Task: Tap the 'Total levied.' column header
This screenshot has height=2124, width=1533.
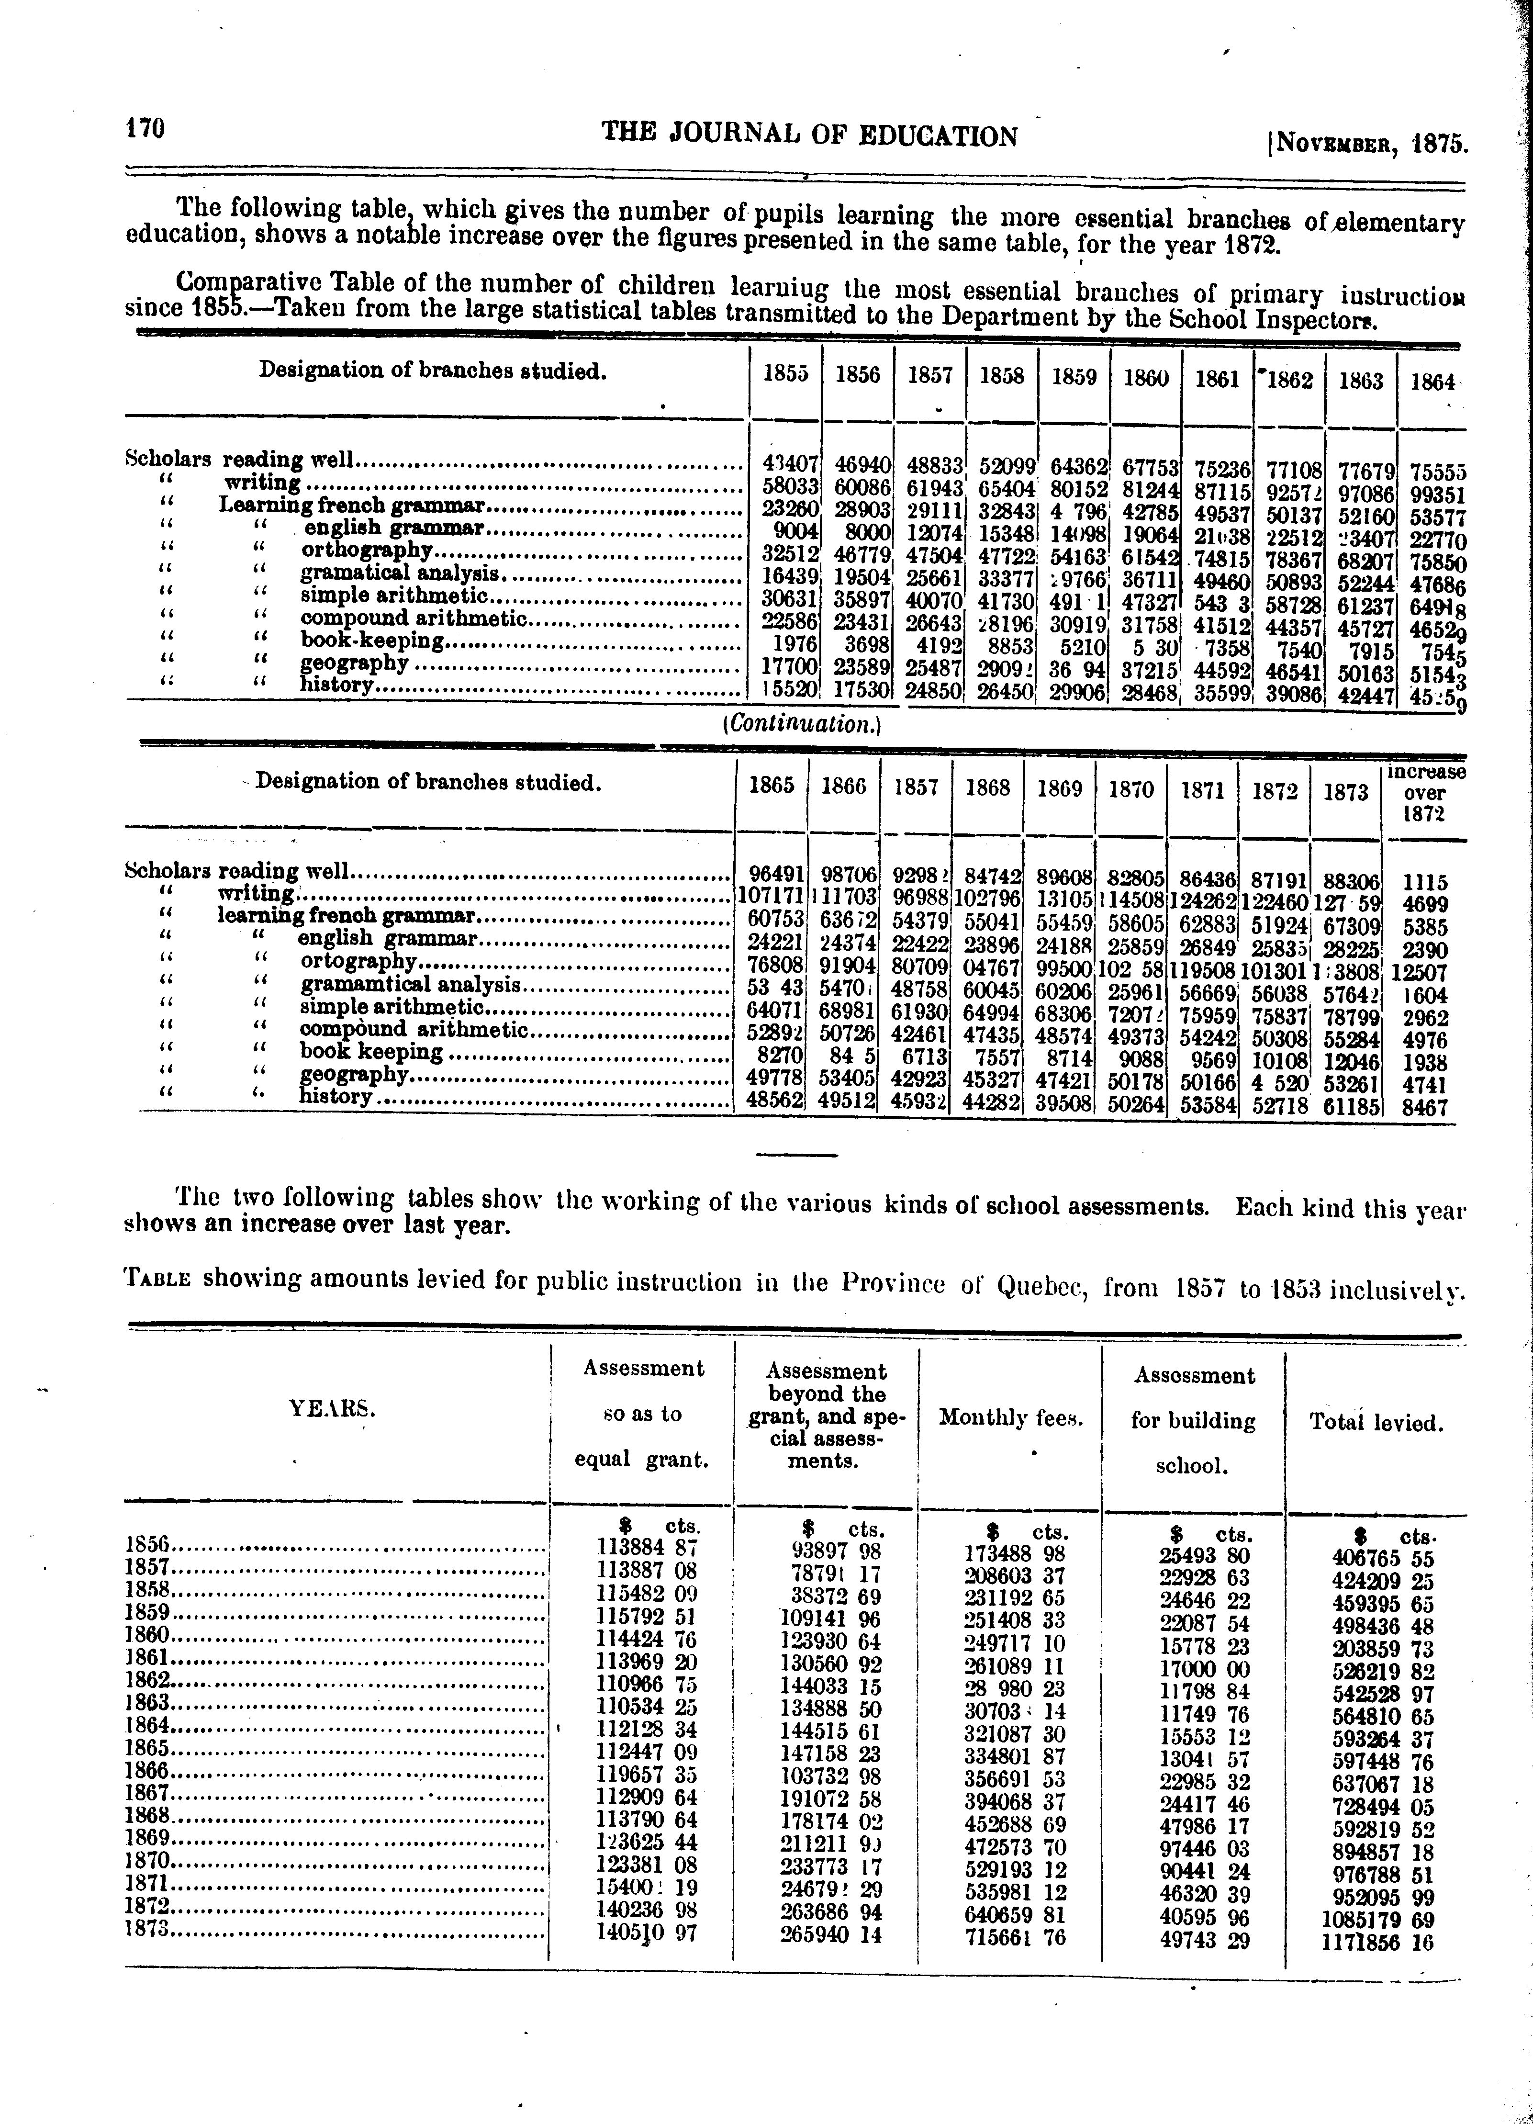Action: pyautogui.click(x=1376, y=1424)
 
